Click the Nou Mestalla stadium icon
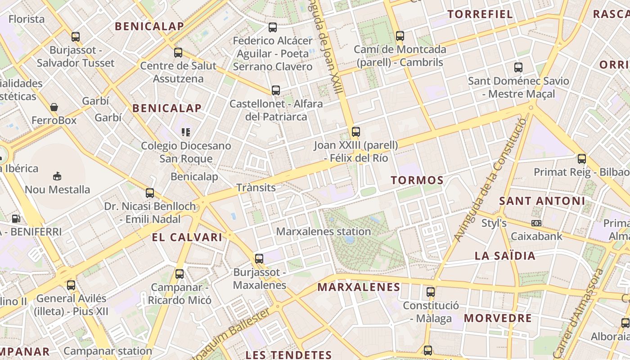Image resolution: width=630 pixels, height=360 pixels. (x=57, y=176)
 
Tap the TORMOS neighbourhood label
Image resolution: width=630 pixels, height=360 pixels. (x=417, y=180)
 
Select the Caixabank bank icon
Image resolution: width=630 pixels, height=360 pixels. (x=536, y=223)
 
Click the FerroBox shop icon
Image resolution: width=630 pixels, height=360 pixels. (x=54, y=107)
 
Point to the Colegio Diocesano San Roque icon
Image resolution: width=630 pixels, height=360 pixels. (x=186, y=132)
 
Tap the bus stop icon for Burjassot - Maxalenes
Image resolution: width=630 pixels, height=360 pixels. (x=259, y=258)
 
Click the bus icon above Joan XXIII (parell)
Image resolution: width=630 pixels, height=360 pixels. (x=356, y=131)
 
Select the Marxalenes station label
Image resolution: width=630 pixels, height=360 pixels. (x=324, y=232)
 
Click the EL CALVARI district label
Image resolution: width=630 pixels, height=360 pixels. (x=187, y=237)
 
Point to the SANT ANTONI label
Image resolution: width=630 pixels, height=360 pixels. (x=542, y=201)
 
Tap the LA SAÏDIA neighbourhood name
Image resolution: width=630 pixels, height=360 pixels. (x=505, y=256)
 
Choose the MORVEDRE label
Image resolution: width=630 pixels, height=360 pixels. (x=498, y=318)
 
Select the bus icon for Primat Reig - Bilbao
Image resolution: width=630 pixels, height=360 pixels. (x=582, y=158)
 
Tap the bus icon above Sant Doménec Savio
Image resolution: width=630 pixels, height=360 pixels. (x=518, y=67)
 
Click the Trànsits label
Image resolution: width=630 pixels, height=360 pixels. (x=256, y=188)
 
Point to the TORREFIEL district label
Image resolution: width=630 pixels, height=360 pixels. (x=480, y=14)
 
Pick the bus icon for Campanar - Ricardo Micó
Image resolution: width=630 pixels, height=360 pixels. (x=180, y=274)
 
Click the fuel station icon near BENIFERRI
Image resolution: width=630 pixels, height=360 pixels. (x=16, y=219)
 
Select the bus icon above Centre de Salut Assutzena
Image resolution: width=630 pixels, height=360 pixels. (x=178, y=52)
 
